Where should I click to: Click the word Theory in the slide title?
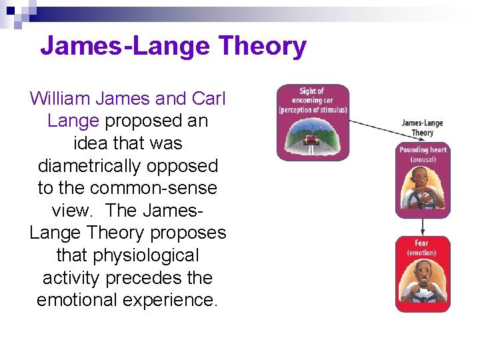[x=262, y=46]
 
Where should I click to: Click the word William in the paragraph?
[x=61, y=99]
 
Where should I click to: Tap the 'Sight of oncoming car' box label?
[x=313, y=99]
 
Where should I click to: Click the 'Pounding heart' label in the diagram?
[x=423, y=150]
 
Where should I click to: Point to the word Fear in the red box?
[x=422, y=243]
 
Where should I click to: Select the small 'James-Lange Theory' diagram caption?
[x=422, y=127]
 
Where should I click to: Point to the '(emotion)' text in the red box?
[x=422, y=253]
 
